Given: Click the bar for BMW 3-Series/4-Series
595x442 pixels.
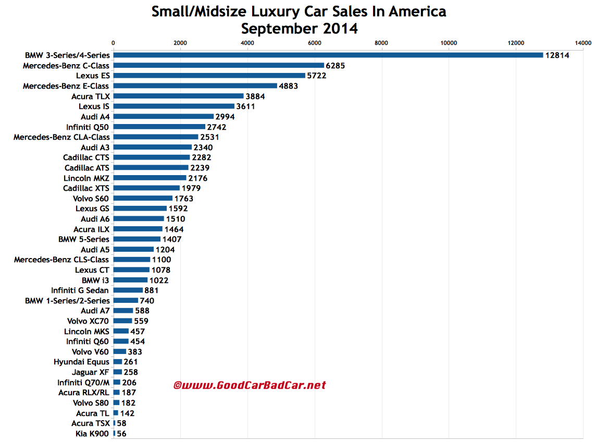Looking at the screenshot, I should (x=328, y=55).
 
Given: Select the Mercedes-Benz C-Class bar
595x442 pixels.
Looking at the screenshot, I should (x=219, y=65).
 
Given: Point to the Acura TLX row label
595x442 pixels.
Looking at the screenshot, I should (x=91, y=96).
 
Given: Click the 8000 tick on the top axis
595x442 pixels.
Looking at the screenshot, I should (x=382, y=42).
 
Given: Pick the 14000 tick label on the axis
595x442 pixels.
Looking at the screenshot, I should (x=582, y=42).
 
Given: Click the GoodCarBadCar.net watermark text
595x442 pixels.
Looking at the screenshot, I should (x=249, y=385).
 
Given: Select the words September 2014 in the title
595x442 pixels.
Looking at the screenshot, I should (x=299, y=28).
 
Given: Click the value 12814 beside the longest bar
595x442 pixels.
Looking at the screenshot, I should (x=557, y=55).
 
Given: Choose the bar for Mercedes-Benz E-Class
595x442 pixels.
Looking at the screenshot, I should (x=195, y=85).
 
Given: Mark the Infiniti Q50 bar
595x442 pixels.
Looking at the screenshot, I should (x=159, y=127).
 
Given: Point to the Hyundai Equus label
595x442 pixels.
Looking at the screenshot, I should (x=81, y=362).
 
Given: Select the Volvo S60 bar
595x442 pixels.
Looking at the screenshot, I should (x=143, y=198).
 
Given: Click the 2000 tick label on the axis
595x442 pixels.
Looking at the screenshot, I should (x=180, y=42).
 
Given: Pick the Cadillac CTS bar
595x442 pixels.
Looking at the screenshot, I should (x=152, y=157).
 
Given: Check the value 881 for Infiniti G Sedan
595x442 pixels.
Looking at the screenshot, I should (x=152, y=290).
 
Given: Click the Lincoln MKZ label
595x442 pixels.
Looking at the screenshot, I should (x=86, y=178).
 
